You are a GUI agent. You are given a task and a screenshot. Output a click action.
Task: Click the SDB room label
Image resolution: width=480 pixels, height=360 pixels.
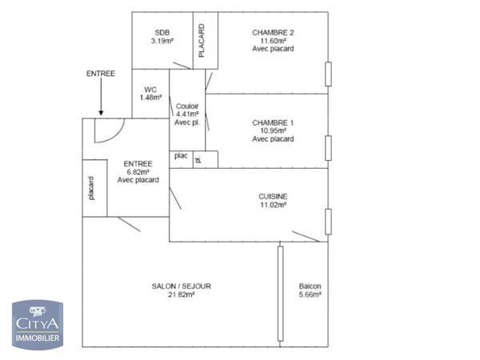point(162,32)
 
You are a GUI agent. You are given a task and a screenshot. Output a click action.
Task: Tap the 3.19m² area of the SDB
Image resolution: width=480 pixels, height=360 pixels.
point(162,41)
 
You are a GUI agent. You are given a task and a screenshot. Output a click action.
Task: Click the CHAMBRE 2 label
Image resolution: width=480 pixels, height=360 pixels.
point(273,32)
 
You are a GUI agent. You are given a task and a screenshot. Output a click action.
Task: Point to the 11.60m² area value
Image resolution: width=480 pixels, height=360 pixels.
point(273,41)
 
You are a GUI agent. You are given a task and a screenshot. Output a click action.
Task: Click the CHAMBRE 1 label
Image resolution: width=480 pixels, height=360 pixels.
point(273,122)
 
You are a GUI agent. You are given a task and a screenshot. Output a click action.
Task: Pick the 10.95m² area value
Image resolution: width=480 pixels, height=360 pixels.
point(273,130)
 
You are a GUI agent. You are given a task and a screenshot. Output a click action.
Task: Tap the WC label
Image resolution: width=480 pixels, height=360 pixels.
point(150,90)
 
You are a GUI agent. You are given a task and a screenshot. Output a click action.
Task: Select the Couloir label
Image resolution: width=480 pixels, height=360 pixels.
point(186,106)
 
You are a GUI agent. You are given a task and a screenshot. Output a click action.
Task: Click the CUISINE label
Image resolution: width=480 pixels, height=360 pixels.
point(273,196)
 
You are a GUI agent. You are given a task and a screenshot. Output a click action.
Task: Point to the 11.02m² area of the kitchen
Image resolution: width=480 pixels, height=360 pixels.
point(273,205)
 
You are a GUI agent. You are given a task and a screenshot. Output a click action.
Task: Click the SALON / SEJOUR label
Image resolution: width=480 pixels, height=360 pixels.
point(182,286)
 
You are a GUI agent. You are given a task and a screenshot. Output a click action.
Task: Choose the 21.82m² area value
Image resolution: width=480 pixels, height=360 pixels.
point(182,294)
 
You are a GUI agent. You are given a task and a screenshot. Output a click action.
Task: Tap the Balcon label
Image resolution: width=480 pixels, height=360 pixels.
point(310,286)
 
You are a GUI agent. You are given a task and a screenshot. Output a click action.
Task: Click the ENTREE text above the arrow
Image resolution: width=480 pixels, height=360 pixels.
point(101,74)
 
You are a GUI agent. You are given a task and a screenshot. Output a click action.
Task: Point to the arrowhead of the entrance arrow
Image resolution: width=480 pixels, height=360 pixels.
point(101,113)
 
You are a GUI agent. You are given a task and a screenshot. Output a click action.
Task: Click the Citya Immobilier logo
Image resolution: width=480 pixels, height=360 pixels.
point(38,323)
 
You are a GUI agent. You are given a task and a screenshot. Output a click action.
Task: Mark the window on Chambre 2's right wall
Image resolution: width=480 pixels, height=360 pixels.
point(328,74)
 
